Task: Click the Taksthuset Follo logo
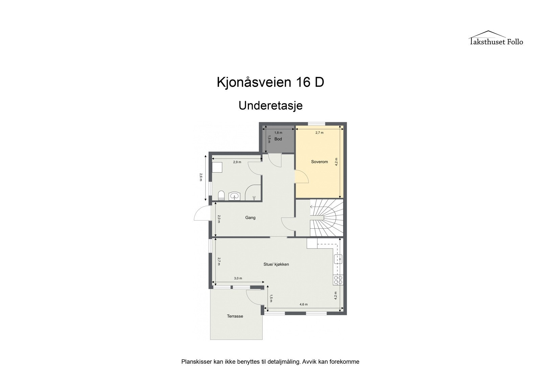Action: [496, 38]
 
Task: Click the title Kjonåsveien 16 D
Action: [270, 82]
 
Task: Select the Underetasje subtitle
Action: [270, 106]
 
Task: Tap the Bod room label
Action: [278, 139]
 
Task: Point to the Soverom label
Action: [319, 162]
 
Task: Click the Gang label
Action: [250, 218]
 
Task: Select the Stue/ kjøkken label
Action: [276, 264]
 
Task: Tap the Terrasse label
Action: [235, 316]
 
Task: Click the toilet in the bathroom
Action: [221, 195]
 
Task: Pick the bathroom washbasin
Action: [235, 196]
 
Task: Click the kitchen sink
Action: [338, 259]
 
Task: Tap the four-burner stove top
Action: [338, 280]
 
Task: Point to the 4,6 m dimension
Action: [304, 304]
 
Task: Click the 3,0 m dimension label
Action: [238, 278]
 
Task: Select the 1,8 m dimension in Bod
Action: [278, 133]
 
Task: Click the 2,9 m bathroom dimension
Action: [237, 162]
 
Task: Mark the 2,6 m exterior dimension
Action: [201, 177]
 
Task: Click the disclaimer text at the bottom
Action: [270, 362]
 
